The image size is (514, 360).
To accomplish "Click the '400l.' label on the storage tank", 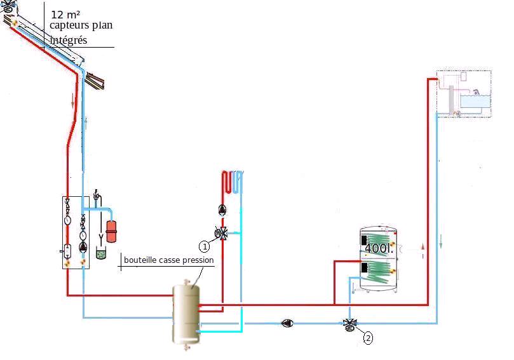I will click(x=379, y=248).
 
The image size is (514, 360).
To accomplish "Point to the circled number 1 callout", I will click(x=205, y=245).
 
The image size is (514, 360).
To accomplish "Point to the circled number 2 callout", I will click(x=368, y=338).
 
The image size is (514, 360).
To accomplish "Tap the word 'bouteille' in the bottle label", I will click(x=140, y=260).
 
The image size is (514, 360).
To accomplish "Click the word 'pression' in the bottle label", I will click(x=198, y=260).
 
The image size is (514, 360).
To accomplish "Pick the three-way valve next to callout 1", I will click(x=221, y=234).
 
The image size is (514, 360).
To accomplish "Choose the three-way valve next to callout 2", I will click(x=349, y=324).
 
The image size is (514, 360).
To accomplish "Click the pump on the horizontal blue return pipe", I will click(x=287, y=324).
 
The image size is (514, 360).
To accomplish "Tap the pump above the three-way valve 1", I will click(x=222, y=211).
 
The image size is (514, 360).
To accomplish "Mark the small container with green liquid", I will click(x=100, y=253).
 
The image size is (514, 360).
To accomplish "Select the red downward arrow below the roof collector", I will click(x=73, y=101).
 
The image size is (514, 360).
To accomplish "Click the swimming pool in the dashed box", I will click(x=473, y=100).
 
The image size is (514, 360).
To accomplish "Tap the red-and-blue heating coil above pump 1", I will click(x=231, y=183).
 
